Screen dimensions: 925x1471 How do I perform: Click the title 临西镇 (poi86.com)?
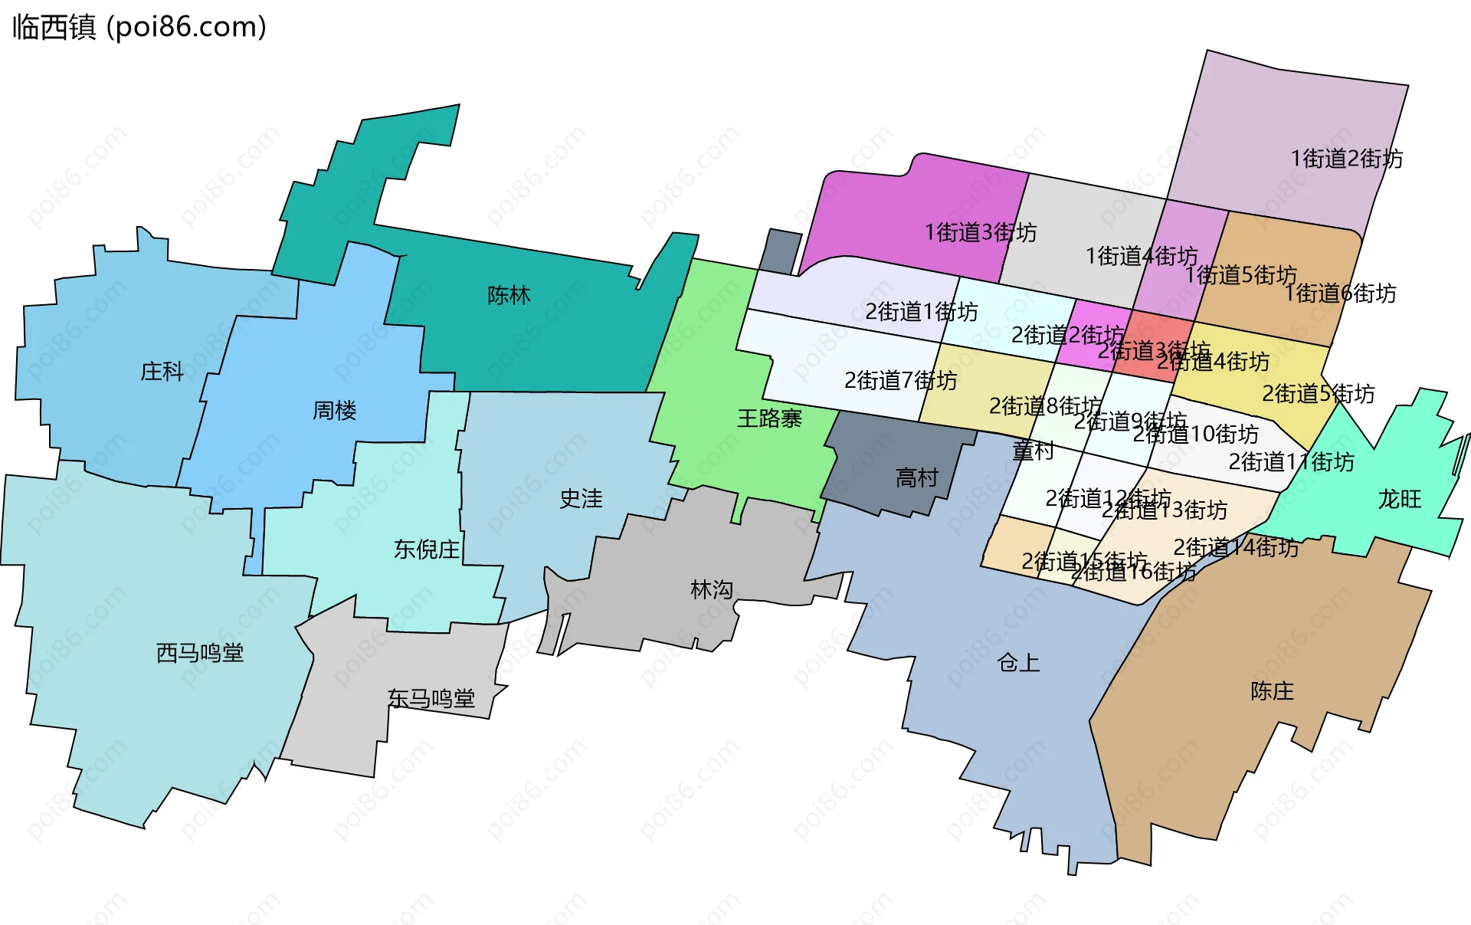pyautogui.click(x=139, y=27)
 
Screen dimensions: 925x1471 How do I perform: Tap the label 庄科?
pyautogui.click(x=162, y=372)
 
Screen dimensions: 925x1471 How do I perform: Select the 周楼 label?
pyautogui.click(x=334, y=411)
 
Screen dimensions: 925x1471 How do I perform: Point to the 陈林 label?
pyautogui.click(x=509, y=295)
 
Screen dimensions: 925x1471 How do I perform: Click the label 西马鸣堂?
pyautogui.click(x=200, y=653)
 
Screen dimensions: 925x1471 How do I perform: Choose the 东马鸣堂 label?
pyautogui.click(x=431, y=698)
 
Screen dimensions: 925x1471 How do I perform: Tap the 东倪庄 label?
pyautogui.click(x=427, y=549)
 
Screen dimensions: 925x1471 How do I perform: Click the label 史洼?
pyautogui.click(x=581, y=499)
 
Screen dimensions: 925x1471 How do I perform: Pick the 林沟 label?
pyautogui.click(x=712, y=589)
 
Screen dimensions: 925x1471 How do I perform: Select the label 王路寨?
pyautogui.click(x=769, y=418)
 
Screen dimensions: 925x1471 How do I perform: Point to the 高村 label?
pyautogui.click(x=917, y=478)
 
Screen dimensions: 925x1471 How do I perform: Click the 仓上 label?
pyautogui.click(x=1019, y=662)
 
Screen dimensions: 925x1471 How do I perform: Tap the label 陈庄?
pyautogui.click(x=1272, y=691)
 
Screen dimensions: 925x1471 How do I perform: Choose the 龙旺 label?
pyautogui.click(x=1400, y=499)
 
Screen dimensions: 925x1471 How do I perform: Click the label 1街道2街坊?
pyautogui.click(x=1347, y=159)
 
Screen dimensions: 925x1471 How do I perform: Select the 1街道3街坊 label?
pyautogui.click(x=981, y=232)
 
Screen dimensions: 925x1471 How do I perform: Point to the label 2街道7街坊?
pyautogui.click(x=900, y=380)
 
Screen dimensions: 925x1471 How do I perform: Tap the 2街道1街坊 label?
pyautogui.click(x=921, y=312)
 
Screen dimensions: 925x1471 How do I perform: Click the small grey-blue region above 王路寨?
pyautogui.click(x=780, y=251)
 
